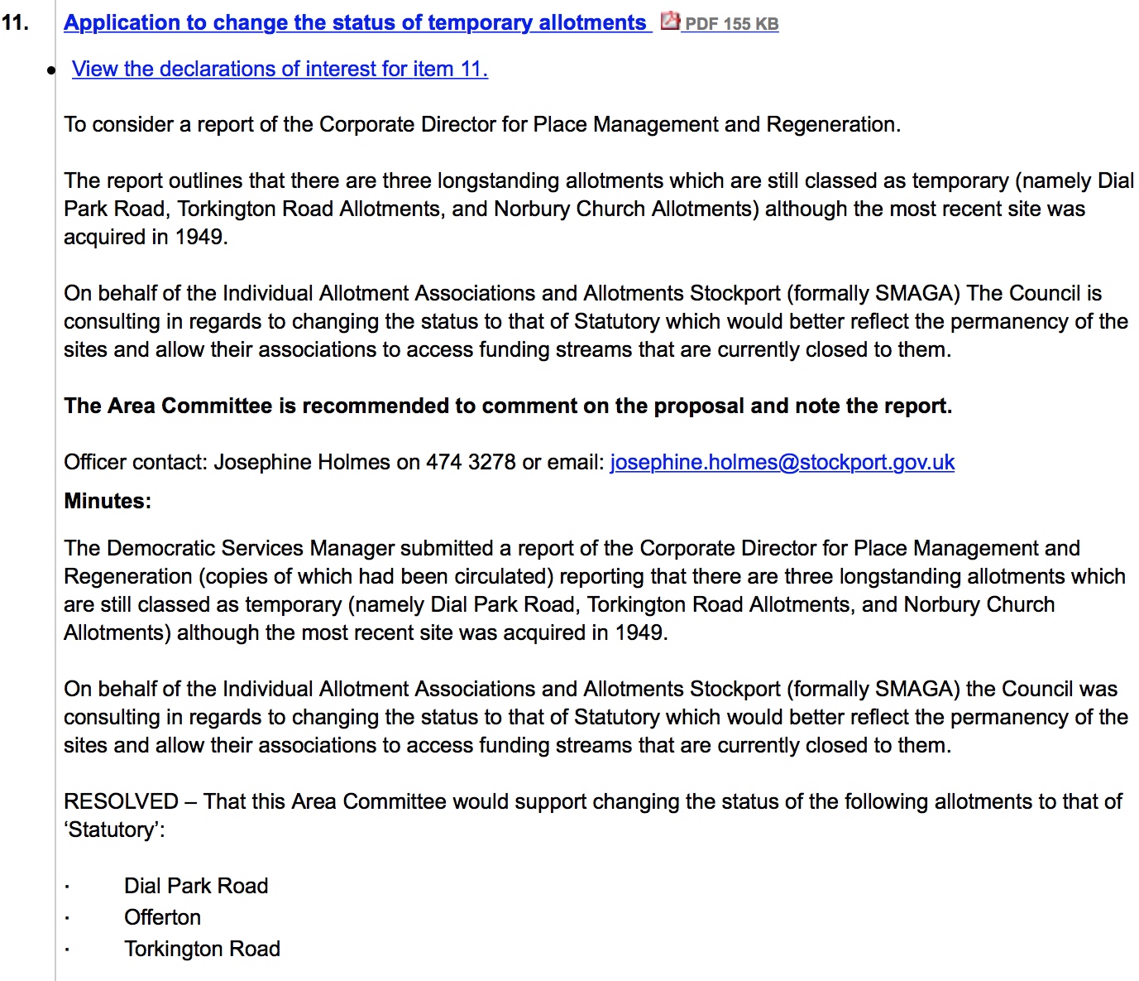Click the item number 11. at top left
[x=15, y=22]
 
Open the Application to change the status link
[x=356, y=22]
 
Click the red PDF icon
[x=670, y=21]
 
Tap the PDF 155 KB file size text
[x=731, y=24]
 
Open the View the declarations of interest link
[x=280, y=69]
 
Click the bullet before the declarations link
[x=51, y=70]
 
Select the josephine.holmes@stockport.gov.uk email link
[x=782, y=462]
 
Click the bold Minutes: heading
[x=108, y=501]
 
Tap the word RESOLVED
[x=121, y=801]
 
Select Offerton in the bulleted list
[x=162, y=917]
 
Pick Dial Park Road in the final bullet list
[x=196, y=886]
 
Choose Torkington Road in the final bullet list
[x=202, y=949]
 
